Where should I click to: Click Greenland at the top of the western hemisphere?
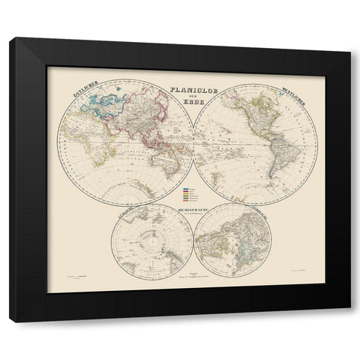click(x=270, y=88)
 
